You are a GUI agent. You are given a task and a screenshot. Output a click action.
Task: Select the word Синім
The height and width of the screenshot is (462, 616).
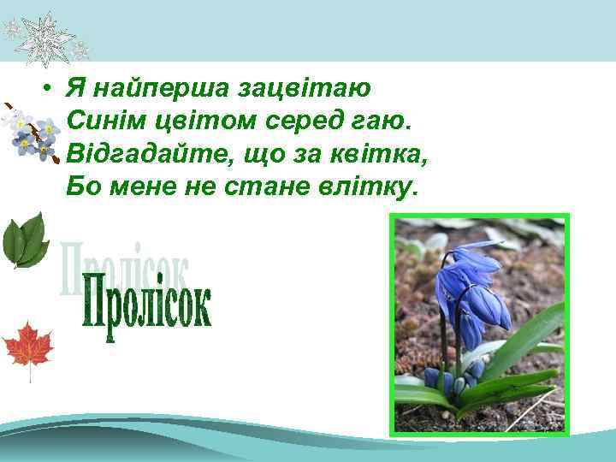101,120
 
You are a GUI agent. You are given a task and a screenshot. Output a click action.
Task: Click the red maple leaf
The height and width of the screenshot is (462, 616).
27,346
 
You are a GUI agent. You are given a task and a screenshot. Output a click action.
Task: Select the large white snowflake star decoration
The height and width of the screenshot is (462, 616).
44,37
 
